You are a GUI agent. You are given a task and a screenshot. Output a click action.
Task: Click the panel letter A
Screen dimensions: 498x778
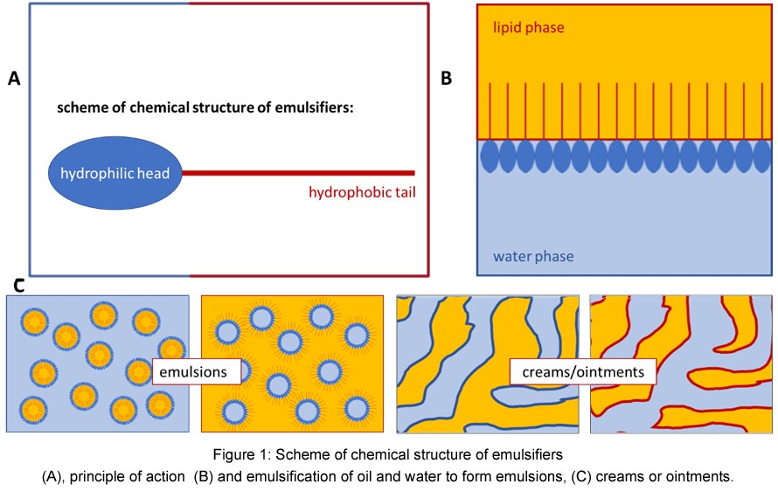pos(13,79)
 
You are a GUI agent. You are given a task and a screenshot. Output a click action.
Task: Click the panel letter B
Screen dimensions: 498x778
pos(446,79)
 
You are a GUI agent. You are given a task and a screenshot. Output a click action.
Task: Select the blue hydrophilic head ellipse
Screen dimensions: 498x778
pos(110,173)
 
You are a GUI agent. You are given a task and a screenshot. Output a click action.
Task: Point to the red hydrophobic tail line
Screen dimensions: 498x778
pos(297,173)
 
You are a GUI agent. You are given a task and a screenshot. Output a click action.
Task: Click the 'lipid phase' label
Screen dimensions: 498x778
pos(527,28)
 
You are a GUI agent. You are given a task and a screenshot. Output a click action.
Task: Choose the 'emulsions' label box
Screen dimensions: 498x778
pos(196,372)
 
